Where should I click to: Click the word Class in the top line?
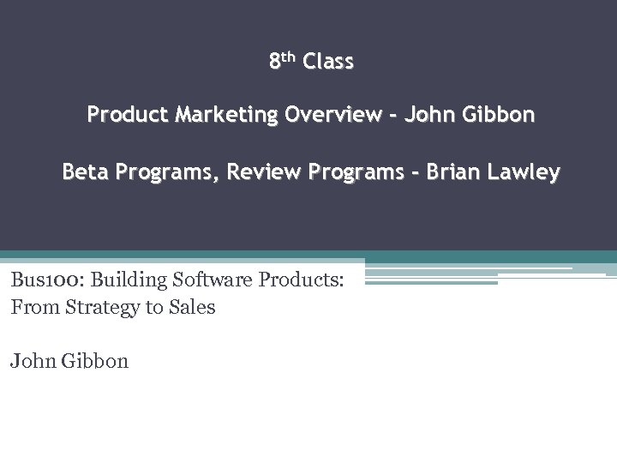click(x=328, y=62)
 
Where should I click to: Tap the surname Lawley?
click(x=524, y=172)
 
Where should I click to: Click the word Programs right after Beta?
click(x=164, y=172)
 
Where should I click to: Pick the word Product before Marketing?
click(x=127, y=115)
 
